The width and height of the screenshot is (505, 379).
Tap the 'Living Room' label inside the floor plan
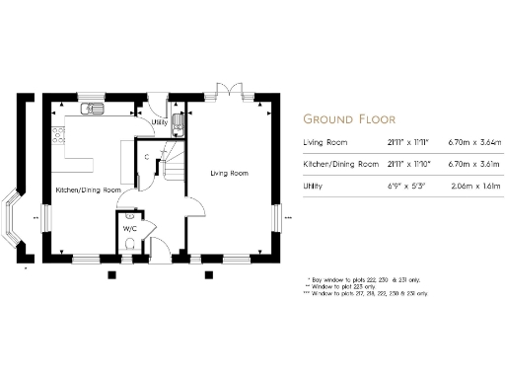click(229, 173)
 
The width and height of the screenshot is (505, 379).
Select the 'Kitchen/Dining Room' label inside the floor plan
click(88, 189)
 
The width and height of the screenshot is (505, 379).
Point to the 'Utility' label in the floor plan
click(158, 123)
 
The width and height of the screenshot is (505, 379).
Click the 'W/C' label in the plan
click(129, 229)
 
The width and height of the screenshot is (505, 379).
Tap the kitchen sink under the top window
click(90, 109)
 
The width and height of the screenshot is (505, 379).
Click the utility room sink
click(177, 123)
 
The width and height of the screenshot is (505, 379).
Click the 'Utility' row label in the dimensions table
click(314, 184)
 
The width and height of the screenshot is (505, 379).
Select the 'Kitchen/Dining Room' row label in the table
click(340, 163)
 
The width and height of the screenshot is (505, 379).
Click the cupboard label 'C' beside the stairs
click(146, 157)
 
